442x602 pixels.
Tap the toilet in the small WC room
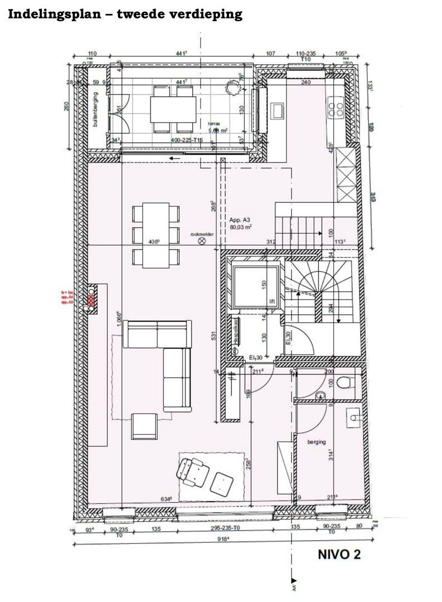[344, 382]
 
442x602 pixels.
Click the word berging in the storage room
[316, 441]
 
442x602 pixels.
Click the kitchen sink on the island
[277, 109]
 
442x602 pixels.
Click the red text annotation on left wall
[67, 298]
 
